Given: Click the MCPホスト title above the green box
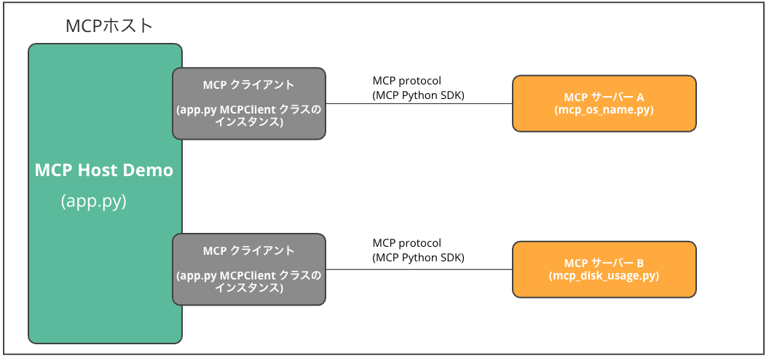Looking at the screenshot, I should click(109, 26).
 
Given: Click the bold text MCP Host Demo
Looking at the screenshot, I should click(104, 170).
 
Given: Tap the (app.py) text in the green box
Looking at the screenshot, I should click(94, 202).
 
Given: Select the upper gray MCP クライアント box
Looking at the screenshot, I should click(248, 103).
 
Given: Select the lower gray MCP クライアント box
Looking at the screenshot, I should click(248, 269).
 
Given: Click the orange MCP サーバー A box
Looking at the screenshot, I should click(604, 103).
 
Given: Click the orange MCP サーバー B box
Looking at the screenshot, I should click(604, 269).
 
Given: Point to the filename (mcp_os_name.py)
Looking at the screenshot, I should click(604, 110).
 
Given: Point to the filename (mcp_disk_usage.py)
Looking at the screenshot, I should click(604, 276).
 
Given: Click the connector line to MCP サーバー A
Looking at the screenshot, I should click(419, 103).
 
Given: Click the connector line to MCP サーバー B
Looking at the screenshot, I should click(419, 269).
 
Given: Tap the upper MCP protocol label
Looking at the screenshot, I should click(406, 81).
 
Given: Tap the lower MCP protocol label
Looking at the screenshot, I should click(406, 243).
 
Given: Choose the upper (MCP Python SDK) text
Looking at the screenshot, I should click(418, 95).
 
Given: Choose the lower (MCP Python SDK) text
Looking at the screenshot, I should click(418, 257).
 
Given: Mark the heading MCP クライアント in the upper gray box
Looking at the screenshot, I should click(248, 85).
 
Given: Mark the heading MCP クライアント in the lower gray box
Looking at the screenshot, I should click(248, 251).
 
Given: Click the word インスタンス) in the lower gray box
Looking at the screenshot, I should click(248, 287).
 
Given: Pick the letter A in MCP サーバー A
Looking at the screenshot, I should click(640, 97).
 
